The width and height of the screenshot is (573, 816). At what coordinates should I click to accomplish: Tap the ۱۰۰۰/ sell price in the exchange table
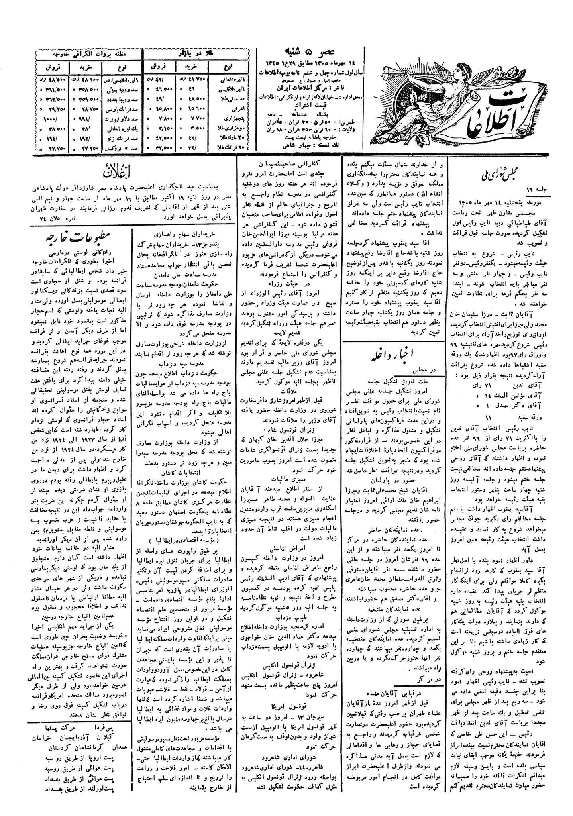pos(51,118)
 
